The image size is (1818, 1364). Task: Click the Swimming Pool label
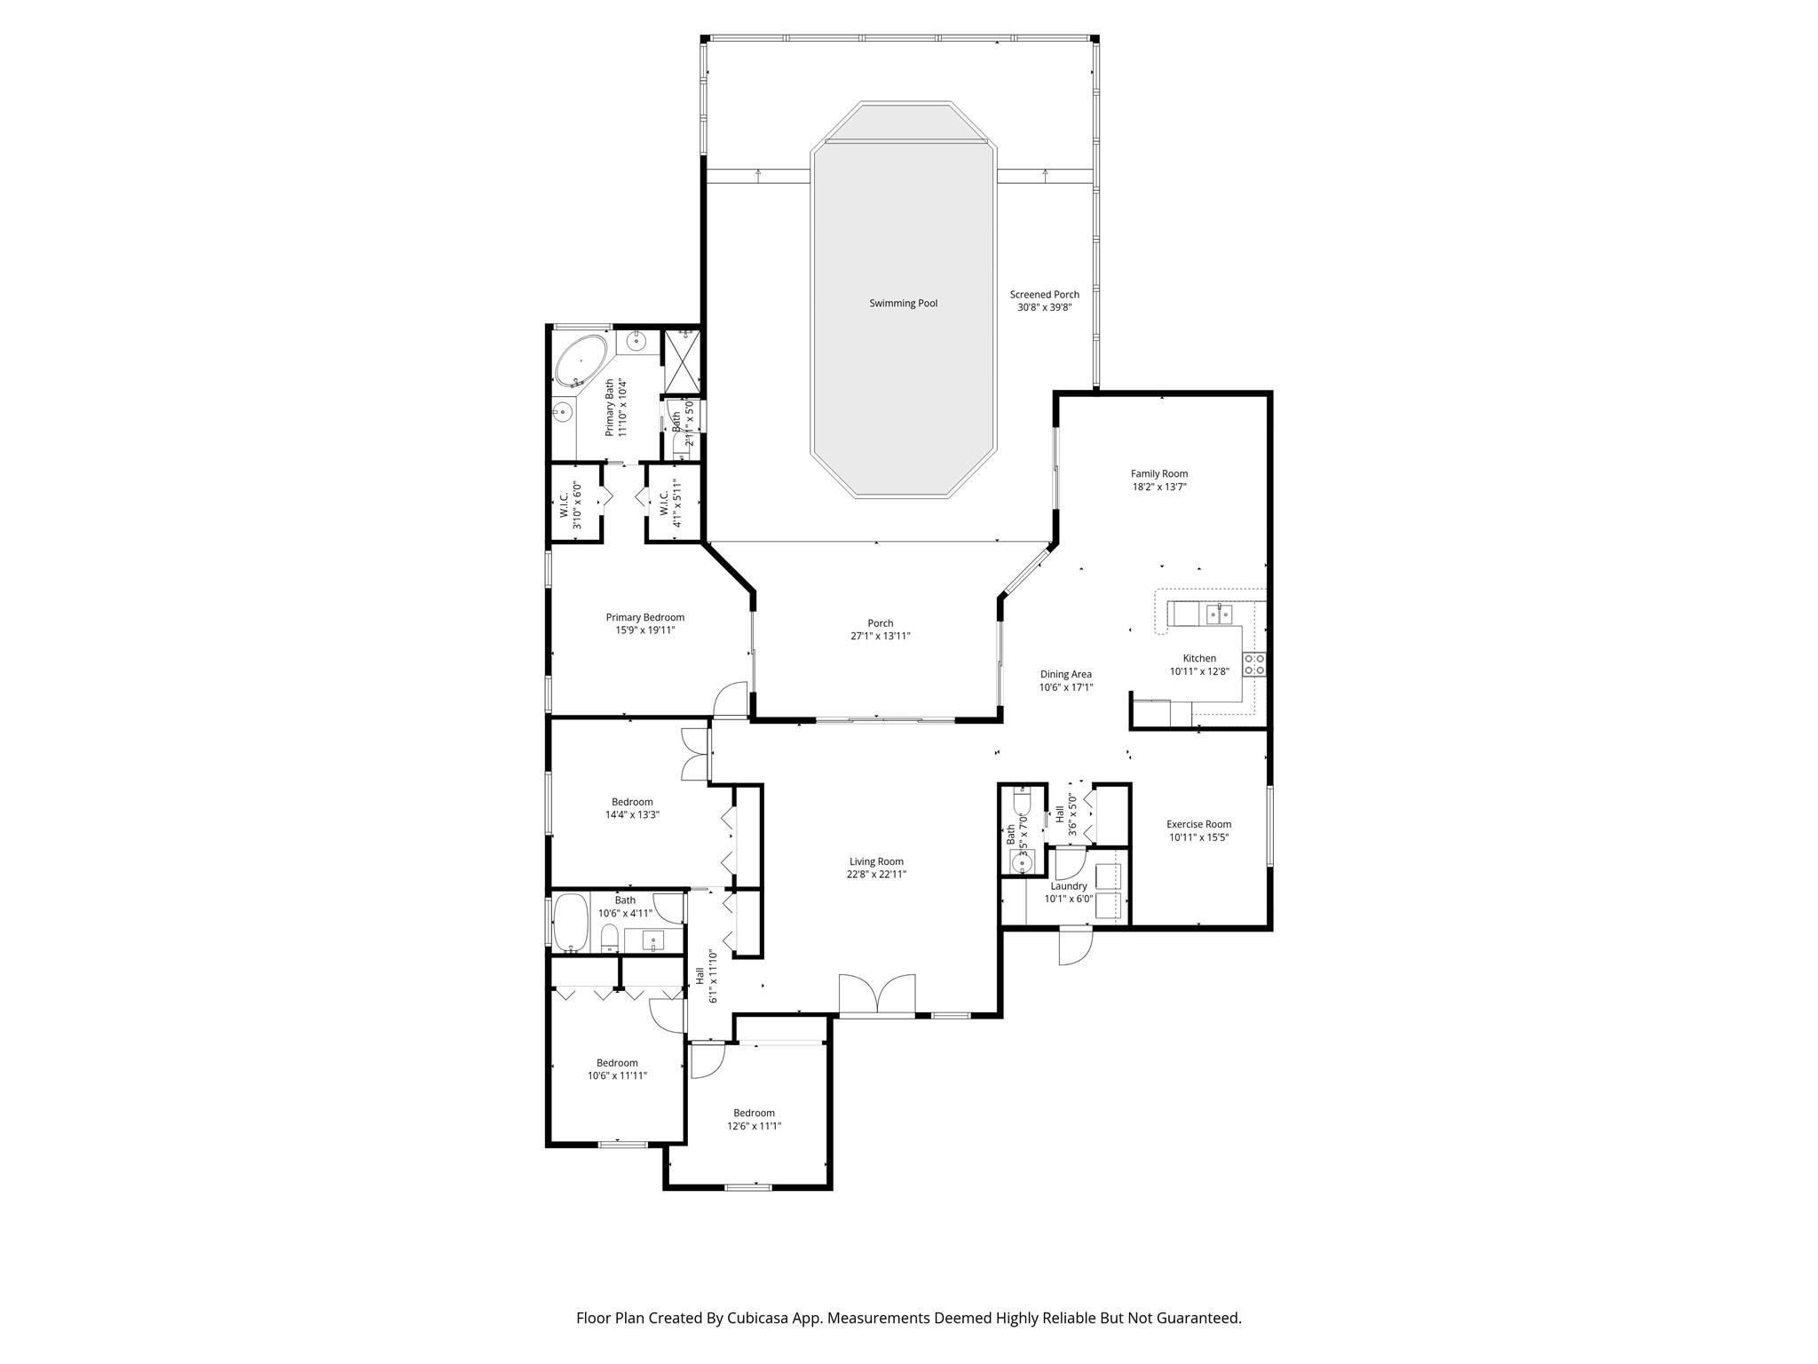(x=903, y=304)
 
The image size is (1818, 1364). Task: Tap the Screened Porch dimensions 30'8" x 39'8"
(x=1044, y=308)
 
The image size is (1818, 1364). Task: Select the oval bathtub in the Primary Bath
(x=581, y=361)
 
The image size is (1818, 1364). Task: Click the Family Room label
(x=1158, y=474)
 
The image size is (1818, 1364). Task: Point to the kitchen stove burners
(x=1254, y=664)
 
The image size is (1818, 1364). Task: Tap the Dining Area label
(x=1065, y=674)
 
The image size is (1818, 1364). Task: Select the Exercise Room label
(x=1198, y=824)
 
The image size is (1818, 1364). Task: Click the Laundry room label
(x=1068, y=886)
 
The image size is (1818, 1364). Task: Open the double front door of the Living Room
(x=877, y=995)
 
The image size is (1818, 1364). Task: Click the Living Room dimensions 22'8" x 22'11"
(x=876, y=874)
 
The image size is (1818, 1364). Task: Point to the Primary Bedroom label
(x=644, y=617)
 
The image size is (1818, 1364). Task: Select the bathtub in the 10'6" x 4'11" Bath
(x=571, y=924)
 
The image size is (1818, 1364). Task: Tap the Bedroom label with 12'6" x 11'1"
(x=754, y=1113)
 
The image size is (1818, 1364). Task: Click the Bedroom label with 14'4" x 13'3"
(x=631, y=802)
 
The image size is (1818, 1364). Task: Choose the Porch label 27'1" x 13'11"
(x=880, y=623)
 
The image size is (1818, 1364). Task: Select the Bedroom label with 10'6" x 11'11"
(x=617, y=1063)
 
